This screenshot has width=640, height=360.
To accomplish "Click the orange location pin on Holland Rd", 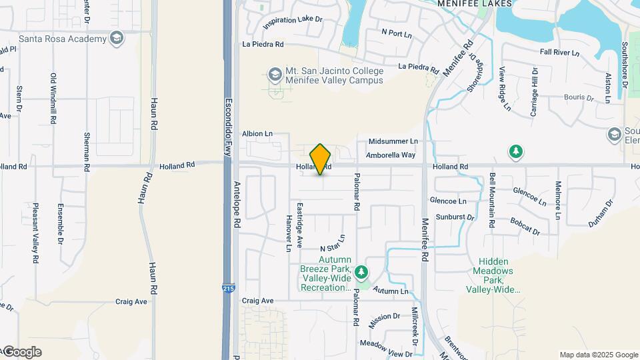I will click(321, 159).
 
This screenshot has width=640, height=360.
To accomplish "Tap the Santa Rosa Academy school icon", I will click(117, 39).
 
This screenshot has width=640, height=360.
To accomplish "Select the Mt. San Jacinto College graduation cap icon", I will click(275, 73).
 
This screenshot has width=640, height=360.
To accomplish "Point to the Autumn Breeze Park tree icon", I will click(361, 271).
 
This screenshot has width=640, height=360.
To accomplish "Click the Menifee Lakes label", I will click(475, 4).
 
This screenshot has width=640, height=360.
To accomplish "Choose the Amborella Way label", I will click(391, 155).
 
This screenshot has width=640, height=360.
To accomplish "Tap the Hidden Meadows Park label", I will click(493, 271).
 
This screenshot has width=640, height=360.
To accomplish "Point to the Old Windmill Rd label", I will click(54, 97).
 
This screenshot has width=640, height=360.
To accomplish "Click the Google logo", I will click(22, 352).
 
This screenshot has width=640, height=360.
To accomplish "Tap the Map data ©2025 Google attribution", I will click(598, 355).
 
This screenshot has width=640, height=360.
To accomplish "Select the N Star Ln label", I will click(333, 243).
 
